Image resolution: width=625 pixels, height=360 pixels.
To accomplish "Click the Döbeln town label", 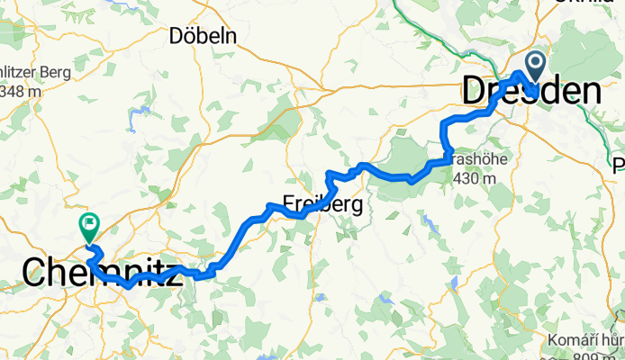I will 203,37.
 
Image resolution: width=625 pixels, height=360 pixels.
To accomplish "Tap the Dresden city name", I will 530,91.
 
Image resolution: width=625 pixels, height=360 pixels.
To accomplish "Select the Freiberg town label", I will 324,205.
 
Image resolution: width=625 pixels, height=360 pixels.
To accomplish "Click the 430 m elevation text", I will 476,178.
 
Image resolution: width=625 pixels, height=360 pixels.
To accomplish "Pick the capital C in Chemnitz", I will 33,272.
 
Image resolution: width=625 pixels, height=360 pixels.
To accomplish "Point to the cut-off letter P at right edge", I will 619,166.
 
